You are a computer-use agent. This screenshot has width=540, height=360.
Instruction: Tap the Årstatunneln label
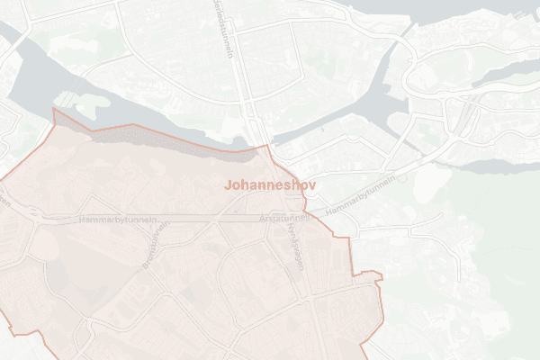[x=283, y=217]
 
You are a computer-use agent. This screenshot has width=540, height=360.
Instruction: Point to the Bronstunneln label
[x=156, y=246]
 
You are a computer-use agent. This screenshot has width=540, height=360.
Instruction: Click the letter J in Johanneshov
[x=228, y=185]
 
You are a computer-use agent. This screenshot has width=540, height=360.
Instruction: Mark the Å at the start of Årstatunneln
[x=260, y=217]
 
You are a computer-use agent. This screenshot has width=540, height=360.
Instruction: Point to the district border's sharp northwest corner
[x=54, y=109]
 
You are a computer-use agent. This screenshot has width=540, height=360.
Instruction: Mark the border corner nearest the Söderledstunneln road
[x=268, y=145]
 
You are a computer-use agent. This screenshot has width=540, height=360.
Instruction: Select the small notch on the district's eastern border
[x=379, y=275]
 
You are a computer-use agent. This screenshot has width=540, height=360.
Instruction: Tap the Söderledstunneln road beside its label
[x=240, y=54]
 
